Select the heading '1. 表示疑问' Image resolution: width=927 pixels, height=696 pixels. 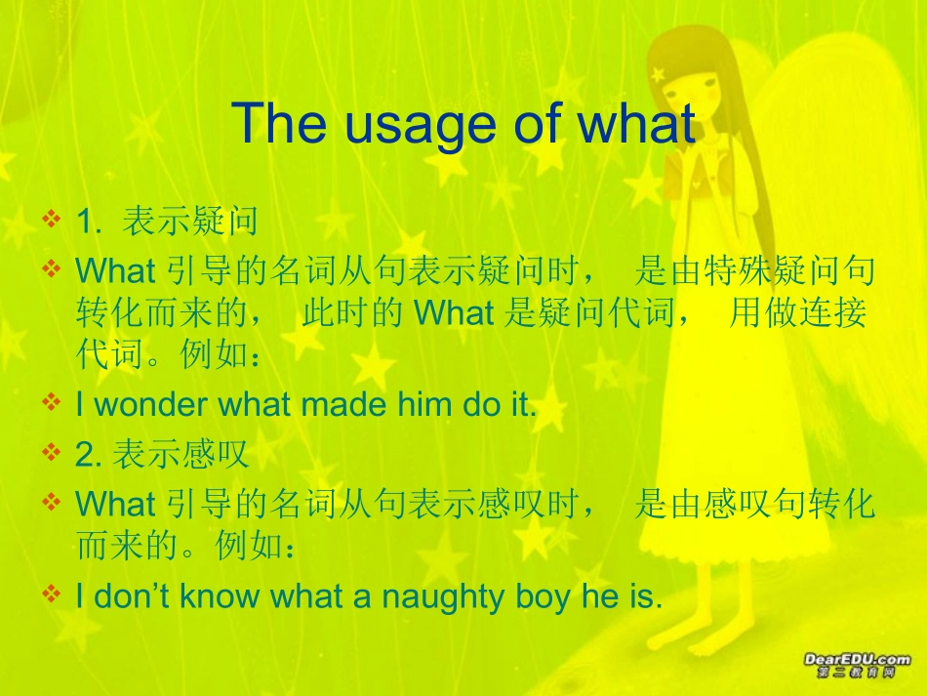click(x=167, y=222)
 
